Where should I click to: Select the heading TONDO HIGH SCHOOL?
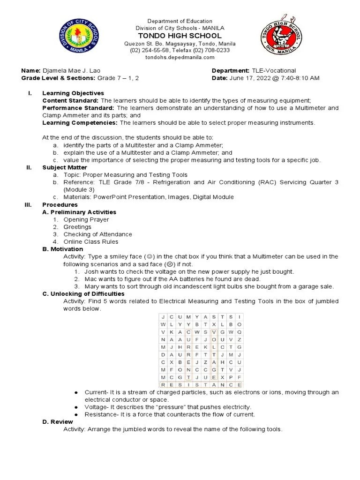(180, 36)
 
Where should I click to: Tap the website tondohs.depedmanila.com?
(180, 57)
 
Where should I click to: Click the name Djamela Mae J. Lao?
(70, 70)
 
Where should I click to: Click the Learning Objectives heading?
(73, 93)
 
